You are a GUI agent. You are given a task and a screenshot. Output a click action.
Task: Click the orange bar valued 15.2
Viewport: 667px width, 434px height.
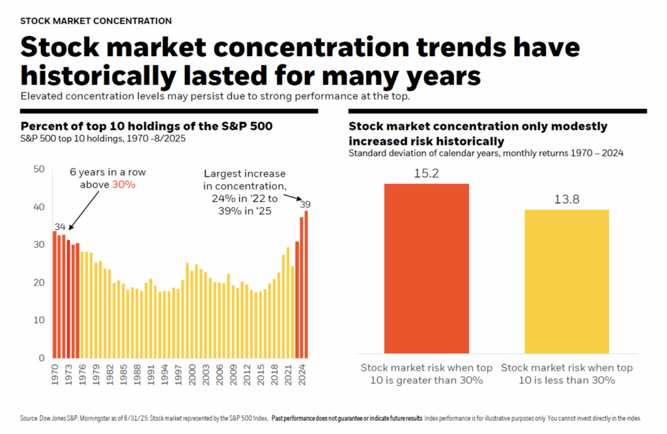pos(426,268)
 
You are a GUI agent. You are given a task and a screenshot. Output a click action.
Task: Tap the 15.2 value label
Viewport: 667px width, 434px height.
pos(426,174)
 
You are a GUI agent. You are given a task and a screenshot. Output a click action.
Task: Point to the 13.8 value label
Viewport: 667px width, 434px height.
pos(566,200)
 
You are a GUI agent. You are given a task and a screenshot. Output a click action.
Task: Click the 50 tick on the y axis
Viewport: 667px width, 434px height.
pos(38,169)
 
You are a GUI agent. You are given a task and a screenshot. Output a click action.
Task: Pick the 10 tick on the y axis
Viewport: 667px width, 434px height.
pos(38,321)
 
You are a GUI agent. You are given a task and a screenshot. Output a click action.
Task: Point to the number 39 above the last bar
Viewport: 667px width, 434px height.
pos(305,205)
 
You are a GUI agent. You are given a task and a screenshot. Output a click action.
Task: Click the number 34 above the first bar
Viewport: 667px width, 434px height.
pos(60,226)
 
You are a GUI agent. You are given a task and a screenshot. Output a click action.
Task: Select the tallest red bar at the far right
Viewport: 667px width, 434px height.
pos(306,284)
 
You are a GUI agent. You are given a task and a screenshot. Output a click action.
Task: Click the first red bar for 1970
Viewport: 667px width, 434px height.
pos(55,294)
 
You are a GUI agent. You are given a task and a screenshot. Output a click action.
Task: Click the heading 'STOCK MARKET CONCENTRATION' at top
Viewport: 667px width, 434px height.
pos(96,21)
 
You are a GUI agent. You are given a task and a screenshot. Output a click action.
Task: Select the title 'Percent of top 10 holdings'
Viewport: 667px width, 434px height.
pos(147,126)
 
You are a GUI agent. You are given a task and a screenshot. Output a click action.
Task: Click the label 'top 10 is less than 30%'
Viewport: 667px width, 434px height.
pos(566,374)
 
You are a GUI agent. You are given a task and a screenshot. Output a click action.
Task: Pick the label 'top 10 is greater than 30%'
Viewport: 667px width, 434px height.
pos(427,374)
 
